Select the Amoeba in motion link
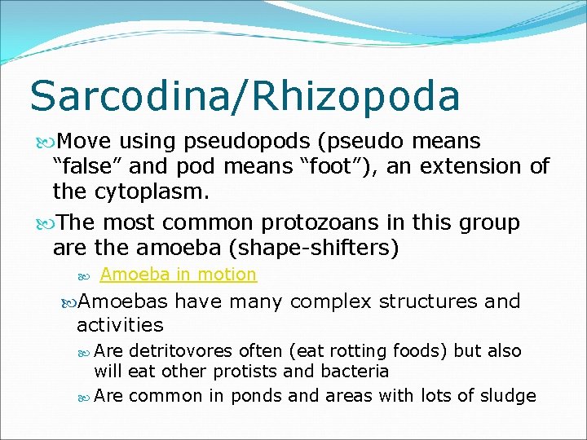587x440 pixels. tap(178, 275)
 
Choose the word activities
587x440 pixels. tap(120, 325)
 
